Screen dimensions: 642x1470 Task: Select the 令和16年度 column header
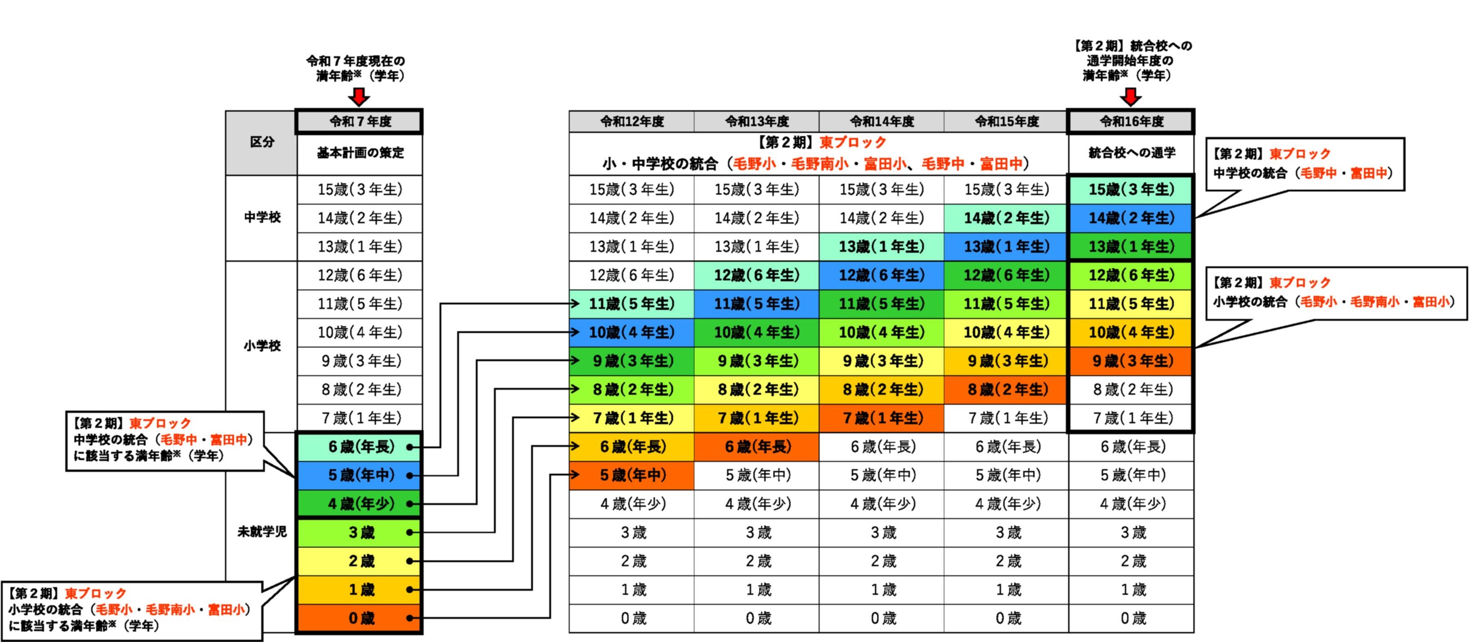(1131, 122)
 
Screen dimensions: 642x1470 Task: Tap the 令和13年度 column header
(756, 122)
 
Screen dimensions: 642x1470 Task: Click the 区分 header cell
(261, 142)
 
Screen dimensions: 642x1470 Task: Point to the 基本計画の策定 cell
(360, 153)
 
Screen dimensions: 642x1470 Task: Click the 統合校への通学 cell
(1131, 153)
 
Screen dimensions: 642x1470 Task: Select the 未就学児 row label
(261, 532)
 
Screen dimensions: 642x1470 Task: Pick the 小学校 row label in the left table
(261, 346)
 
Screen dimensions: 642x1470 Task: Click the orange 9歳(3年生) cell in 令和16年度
(1131, 361)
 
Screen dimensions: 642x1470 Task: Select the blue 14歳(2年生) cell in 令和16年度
(1131, 218)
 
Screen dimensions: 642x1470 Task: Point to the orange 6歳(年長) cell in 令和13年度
(757, 446)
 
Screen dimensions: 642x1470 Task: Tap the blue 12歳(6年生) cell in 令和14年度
(881, 275)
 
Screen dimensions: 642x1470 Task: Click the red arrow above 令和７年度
(359, 97)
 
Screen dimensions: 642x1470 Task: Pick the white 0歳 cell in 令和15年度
(1006, 618)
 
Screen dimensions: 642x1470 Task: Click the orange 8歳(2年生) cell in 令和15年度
(1006, 389)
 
